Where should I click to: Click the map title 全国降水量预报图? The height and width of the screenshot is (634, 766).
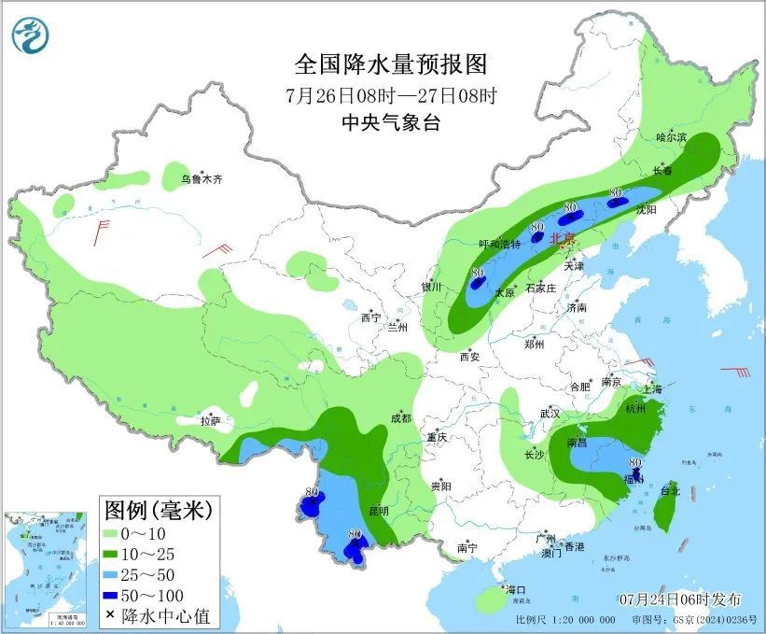pos(391,64)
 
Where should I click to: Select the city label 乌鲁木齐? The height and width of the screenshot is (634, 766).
pos(202,178)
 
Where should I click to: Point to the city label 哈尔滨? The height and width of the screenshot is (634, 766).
pos(671,137)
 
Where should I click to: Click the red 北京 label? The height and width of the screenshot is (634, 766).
pos(563,238)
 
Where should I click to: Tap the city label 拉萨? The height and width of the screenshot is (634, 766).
pos(211,420)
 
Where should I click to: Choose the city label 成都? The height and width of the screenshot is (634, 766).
pos(401,417)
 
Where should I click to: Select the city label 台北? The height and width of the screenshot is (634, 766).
pos(671,489)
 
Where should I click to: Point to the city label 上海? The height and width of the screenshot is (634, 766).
pos(652,388)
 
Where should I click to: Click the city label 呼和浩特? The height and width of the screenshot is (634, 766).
pos(499,244)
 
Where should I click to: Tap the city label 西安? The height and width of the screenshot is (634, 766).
pos(468,356)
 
